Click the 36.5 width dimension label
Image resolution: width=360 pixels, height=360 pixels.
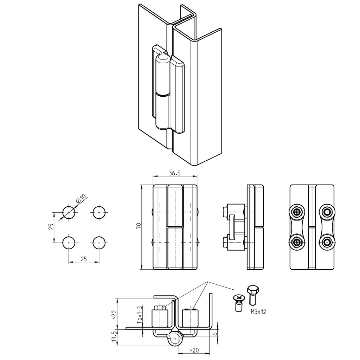[175, 173]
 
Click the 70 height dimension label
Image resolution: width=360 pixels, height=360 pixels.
[139, 226]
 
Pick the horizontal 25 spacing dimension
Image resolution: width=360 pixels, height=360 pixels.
[84, 259]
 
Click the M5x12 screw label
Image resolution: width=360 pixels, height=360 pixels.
[258, 311]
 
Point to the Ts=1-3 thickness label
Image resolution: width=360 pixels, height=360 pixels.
[140, 315]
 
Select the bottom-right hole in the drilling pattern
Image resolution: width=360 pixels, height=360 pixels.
[99, 242]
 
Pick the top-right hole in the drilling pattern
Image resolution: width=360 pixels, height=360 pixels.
[99, 212]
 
